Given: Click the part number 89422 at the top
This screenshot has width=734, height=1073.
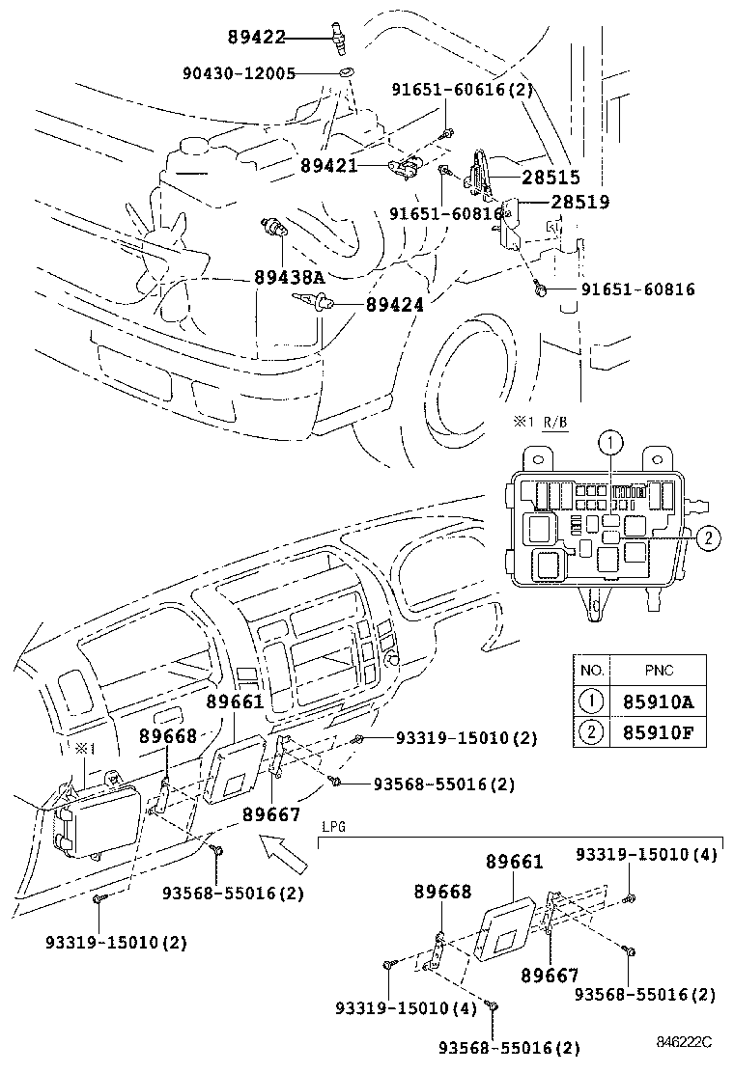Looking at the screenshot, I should (x=257, y=38).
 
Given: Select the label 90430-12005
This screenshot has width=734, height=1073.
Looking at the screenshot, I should (x=239, y=72).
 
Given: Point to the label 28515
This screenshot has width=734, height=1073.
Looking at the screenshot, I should (x=550, y=178).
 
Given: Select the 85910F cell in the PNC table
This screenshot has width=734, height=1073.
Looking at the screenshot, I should (x=659, y=733).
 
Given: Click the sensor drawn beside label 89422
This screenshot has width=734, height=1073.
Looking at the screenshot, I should (x=336, y=40).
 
